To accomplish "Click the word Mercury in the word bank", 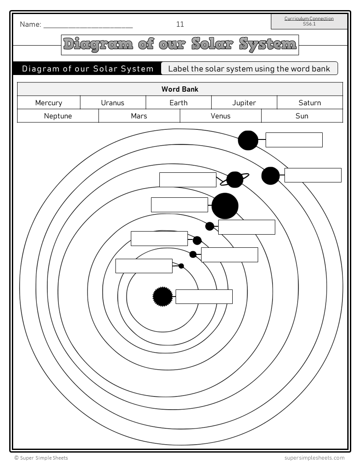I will coord(49,103).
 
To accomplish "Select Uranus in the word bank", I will coord(112,103).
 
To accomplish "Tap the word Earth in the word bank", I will coord(178,103).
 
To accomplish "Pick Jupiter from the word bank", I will coord(244,103).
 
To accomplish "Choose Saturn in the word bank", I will coord(310,103).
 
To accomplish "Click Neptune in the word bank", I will coord(58,116).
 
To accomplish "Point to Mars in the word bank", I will coord(139,116).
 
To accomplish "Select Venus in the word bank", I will coord(220,116).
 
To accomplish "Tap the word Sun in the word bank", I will coord(302,116).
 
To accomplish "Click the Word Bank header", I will coord(180,89).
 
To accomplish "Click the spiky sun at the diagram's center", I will coord(162,297).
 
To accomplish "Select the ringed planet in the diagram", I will coord(235,179).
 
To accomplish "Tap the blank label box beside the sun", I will coord(204,297).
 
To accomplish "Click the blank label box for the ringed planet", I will coord(188,180).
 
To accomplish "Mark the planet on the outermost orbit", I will coord(248,140).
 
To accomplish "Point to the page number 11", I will coord(180,25).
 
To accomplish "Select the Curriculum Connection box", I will coord(309,21).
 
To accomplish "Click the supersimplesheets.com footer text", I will coord(314,458).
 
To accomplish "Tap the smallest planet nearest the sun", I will coord(181,266).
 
